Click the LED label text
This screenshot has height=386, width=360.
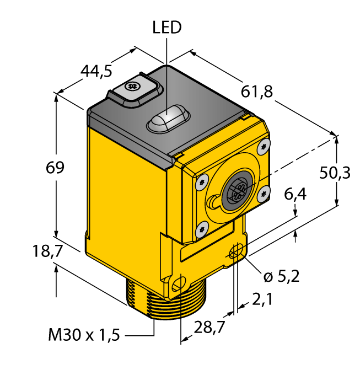pos(167,28)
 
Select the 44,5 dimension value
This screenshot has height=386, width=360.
pos(96,71)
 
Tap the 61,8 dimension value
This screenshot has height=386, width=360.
pos(257,92)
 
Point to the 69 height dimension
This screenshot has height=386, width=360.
pos(55,168)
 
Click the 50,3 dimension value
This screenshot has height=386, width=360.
pos(335,173)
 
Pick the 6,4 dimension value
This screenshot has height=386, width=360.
pos(295,194)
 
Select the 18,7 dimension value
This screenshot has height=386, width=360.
pos(47,251)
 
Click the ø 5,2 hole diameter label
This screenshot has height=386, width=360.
pos(282,276)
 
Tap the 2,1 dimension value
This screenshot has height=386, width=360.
pos(262,299)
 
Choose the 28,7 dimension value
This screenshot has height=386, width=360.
pos(209,328)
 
